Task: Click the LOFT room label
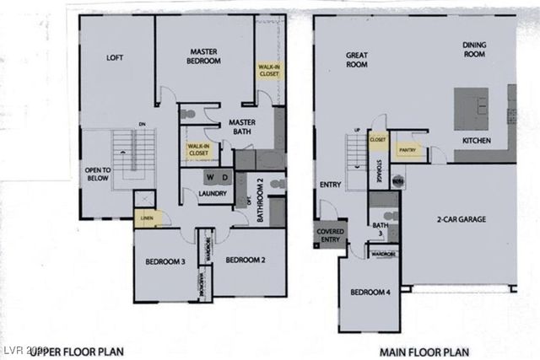coord(115,58)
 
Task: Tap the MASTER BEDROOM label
coord(205,56)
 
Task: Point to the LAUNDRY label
coord(211,194)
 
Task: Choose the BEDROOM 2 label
coord(246,260)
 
